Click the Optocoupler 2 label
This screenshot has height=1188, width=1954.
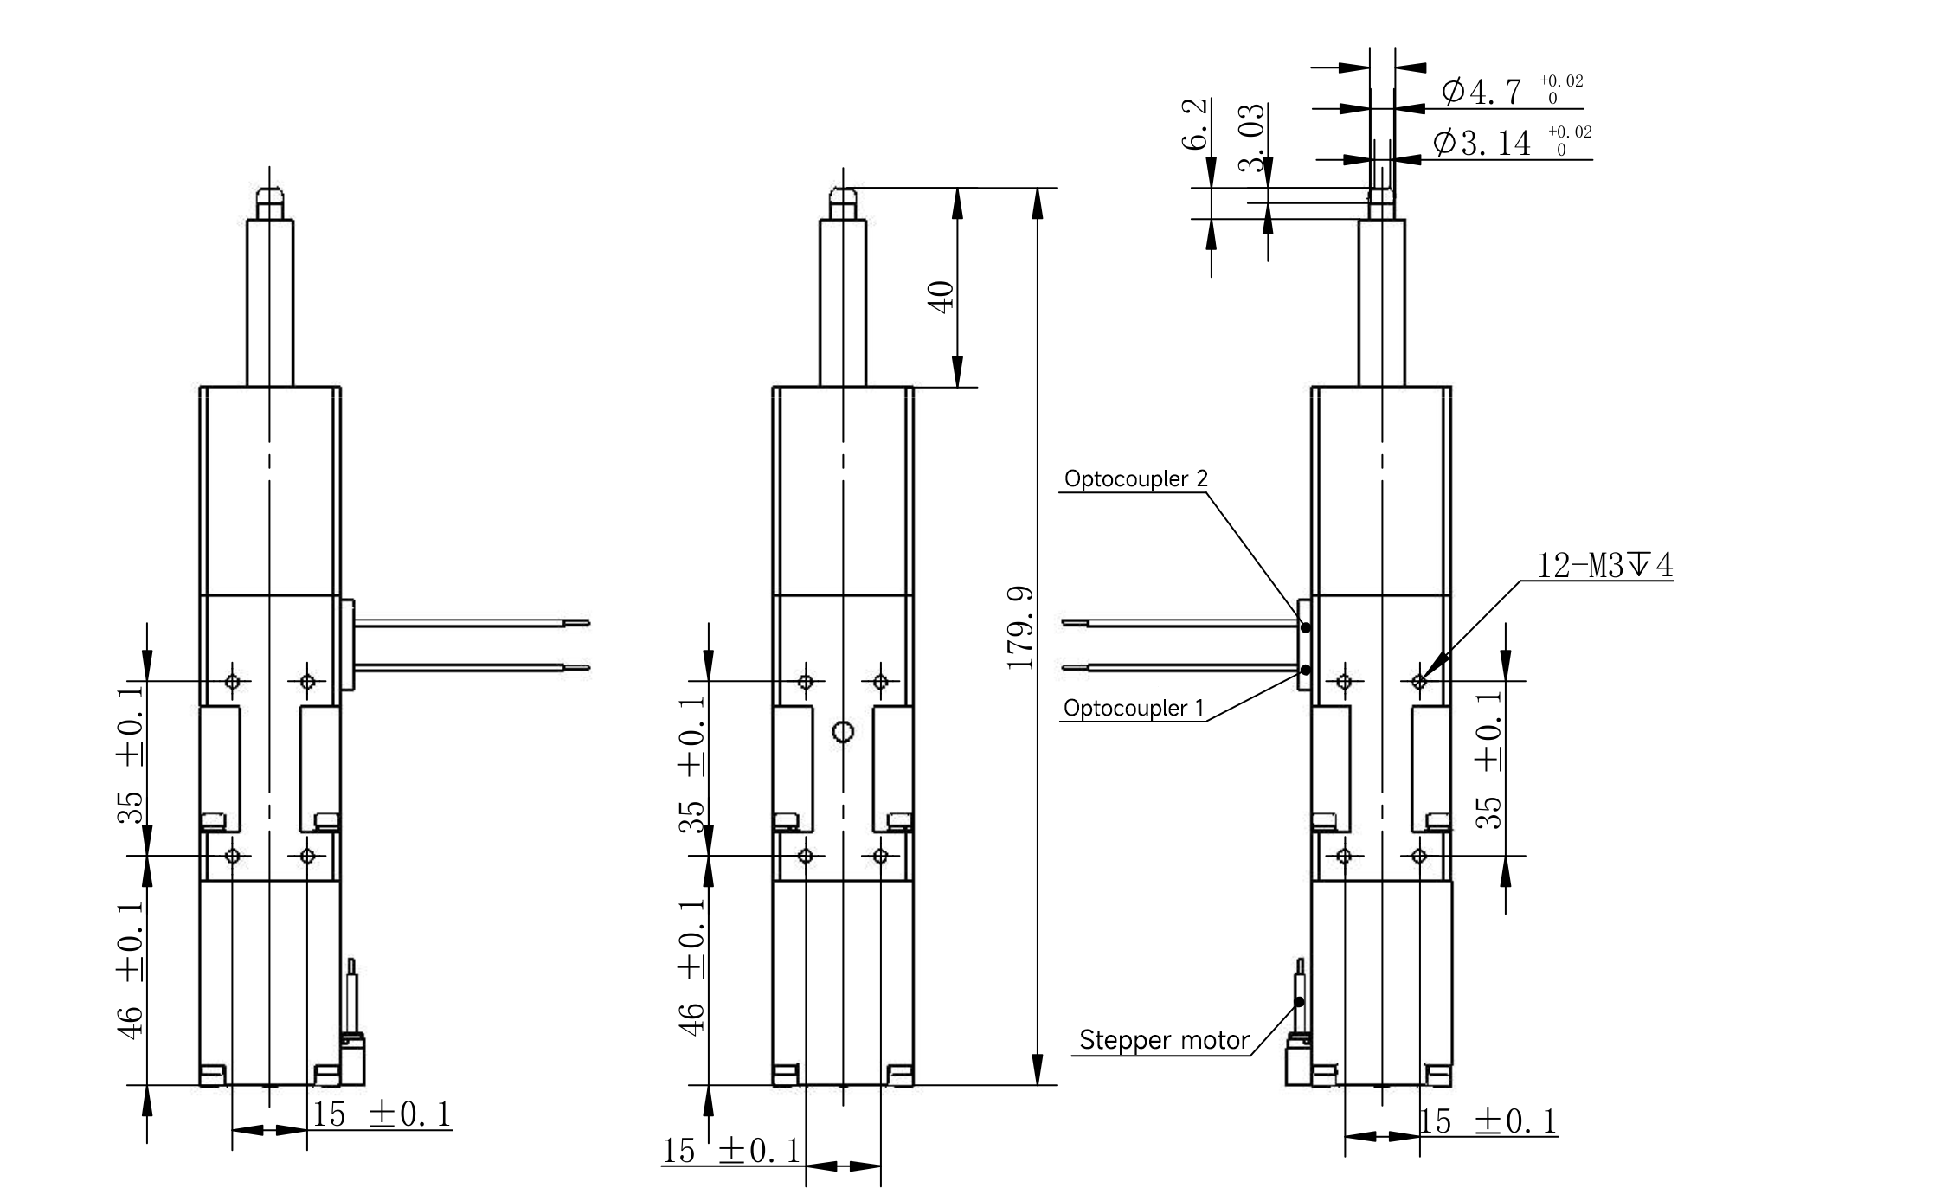1135,478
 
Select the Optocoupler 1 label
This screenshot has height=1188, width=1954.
1134,709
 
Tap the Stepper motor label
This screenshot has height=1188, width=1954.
1164,1040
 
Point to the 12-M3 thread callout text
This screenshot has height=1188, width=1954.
1605,566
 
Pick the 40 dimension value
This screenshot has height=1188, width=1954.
942,296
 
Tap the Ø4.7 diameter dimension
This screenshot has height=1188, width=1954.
1513,89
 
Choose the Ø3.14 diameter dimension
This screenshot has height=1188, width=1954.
1512,141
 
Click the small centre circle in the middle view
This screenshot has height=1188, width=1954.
843,733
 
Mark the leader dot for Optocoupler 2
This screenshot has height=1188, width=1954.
1306,627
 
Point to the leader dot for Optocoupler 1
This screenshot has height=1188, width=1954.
1306,670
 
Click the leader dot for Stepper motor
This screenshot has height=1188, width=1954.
1299,1002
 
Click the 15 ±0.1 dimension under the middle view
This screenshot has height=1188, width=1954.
732,1151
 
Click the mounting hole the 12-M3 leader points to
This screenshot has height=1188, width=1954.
1418,682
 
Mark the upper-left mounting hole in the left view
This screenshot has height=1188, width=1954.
232,682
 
